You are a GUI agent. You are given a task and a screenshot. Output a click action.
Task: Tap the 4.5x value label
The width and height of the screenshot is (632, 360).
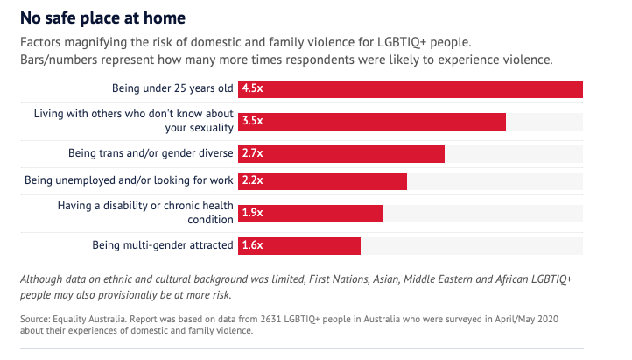pos(253,88)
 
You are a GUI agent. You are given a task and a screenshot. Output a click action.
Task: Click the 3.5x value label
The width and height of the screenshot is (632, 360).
pos(253,121)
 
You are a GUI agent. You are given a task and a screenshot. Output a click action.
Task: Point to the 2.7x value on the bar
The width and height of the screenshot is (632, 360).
pos(253,153)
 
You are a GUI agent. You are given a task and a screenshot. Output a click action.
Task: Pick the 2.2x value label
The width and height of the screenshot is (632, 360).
pos(253,180)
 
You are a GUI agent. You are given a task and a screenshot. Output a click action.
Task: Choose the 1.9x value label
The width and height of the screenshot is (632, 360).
pos(253,213)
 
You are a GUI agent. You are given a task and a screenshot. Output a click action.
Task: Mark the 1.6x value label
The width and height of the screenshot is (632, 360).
pos(253,245)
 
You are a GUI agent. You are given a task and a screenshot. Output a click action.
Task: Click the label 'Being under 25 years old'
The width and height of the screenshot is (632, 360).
pos(172,88)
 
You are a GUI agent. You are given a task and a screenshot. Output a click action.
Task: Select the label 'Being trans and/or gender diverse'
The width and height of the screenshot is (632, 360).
pos(151,153)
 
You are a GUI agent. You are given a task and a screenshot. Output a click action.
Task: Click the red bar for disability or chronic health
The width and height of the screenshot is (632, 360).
pos(324,213)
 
